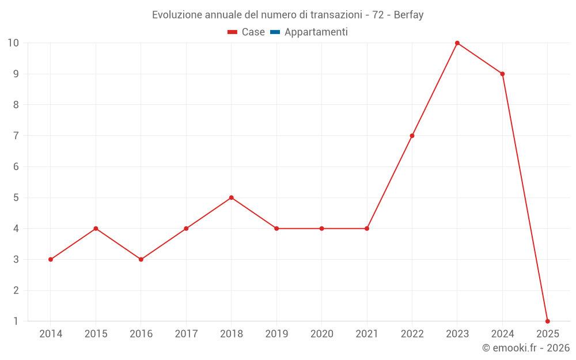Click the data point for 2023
tap(457, 43)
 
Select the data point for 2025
tap(547, 321)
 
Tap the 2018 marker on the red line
tap(231, 198)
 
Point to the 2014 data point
tap(51, 259)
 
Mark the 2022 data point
tap(412, 136)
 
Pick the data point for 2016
tap(141, 259)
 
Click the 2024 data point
tap(502, 74)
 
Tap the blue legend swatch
tap(275, 32)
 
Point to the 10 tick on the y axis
tap(13, 43)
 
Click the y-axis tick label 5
tap(16, 198)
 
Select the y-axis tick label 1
tap(16, 321)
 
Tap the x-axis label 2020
tap(321, 334)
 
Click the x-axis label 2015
tap(96, 334)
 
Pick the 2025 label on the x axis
tap(547, 334)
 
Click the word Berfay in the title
tap(408, 15)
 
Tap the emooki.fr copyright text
tap(525, 348)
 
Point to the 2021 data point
tap(367, 229)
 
